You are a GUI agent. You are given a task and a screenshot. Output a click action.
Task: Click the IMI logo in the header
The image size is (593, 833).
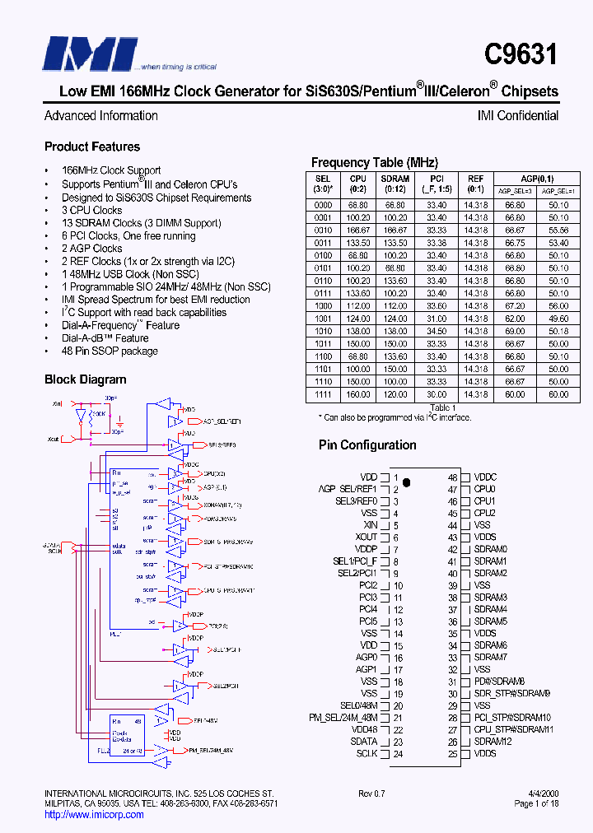91,54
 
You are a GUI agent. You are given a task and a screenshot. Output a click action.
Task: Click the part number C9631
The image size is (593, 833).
521,55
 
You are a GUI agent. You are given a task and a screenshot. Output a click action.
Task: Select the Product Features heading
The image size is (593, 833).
92,147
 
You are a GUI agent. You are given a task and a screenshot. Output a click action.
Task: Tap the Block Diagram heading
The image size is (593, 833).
86,379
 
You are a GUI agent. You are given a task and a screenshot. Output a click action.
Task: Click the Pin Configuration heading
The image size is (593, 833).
367,444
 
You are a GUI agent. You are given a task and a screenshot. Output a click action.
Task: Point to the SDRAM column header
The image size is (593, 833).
395,183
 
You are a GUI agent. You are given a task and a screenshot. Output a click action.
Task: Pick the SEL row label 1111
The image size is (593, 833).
324,394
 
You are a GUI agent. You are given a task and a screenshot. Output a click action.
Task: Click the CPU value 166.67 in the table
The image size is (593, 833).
357,230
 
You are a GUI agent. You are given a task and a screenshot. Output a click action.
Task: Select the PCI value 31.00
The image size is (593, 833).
437,318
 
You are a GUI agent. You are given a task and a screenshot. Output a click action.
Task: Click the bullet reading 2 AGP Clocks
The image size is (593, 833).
91,248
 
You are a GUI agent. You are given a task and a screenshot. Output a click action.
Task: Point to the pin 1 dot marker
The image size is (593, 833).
406,481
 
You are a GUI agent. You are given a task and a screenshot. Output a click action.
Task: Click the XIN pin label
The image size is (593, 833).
368,525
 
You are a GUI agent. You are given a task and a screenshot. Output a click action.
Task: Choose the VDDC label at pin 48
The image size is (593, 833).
485,477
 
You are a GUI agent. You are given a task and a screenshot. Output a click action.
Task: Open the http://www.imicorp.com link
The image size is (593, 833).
93,815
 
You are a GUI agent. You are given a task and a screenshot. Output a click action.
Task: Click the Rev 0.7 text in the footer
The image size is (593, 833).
373,793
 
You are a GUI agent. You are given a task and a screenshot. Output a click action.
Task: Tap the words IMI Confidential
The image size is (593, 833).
517,116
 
